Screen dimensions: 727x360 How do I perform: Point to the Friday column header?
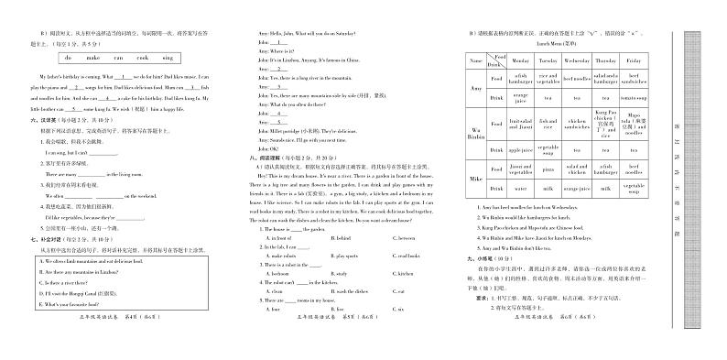click(635, 60)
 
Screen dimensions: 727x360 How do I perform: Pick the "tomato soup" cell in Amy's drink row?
click(635, 97)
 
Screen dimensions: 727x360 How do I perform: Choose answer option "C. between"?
click(402, 237)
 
